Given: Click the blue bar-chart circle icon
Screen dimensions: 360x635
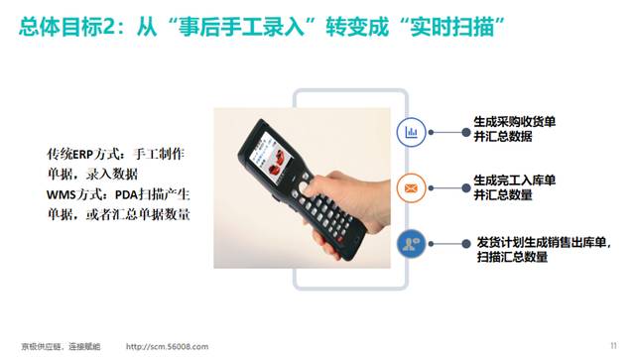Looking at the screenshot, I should pos(412,131).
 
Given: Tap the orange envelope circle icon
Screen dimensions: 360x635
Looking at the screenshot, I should pos(412,186).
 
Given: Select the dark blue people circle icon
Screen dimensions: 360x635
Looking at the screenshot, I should pos(412,242).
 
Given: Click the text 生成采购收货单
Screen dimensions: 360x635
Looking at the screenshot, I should pos(514,121).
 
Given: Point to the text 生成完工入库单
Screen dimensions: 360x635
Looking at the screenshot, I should pos(514,180).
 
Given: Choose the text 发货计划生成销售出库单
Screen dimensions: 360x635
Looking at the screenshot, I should pos(544,241).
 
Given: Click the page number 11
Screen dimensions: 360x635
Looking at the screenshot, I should pos(613,344).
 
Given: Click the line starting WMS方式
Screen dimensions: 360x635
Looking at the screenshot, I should pos(118,195).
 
